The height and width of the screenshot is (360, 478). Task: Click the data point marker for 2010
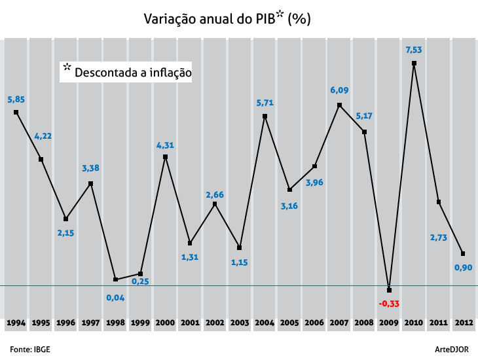(x=414, y=63)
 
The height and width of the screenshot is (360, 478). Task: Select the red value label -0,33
(x=389, y=304)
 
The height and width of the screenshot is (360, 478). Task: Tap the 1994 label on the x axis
(x=16, y=323)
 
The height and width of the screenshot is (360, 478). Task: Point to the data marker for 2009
(x=389, y=290)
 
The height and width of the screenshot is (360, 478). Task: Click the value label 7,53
(x=414, y=50)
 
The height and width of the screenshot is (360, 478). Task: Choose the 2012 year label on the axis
(x=464, y=323)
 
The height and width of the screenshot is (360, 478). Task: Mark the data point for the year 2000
(x=165, y=157)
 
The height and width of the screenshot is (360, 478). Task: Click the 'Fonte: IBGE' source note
(x=30, y=349)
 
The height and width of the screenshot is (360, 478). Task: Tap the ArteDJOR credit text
(x=456, y=349)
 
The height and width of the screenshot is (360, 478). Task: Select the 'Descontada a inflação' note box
(x=127, y=71)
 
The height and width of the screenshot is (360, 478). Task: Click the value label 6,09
(x=339, y=90)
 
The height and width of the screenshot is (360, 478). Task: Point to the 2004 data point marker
(x=265, y=117)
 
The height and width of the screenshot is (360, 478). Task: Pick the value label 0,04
(x=115, y=297)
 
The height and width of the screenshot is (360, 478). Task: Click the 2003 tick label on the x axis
(x=240, y=323)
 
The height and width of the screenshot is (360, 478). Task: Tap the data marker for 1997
(x=90, y=184)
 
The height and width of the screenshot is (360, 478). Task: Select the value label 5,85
(x=16, y=99)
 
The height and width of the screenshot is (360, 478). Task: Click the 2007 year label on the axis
(x=339, y=323)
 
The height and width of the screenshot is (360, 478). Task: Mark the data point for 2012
(x=464, y=254)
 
